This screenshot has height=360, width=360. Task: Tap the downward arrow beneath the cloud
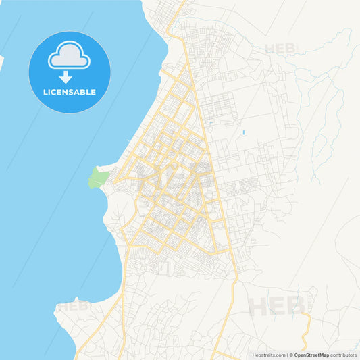tap(66, 77)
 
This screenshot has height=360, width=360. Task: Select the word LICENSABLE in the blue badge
tap(69, 92)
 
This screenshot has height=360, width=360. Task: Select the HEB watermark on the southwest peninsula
tap(73, 307)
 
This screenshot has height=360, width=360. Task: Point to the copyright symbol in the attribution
tap(290, 355)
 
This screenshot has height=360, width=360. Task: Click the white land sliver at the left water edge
tap(2, 62)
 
